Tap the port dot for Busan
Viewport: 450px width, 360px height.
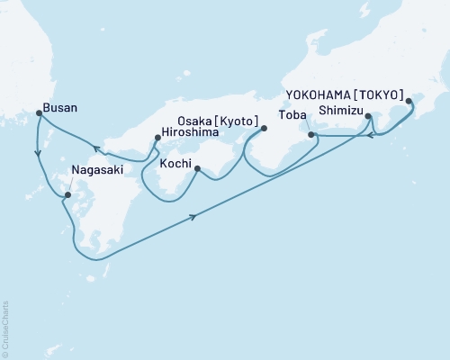(x=39, y=113)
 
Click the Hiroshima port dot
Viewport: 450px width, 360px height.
(x=158, y=138)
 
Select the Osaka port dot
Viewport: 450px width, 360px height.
(x=263, y=128)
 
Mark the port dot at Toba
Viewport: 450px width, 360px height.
(x=311, y=135)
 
